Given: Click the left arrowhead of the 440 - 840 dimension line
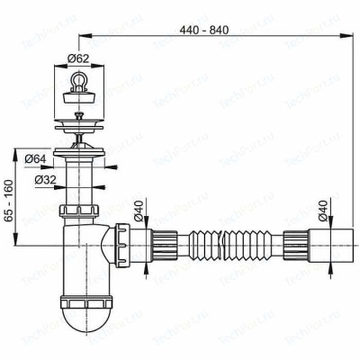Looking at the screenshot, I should [84, 35].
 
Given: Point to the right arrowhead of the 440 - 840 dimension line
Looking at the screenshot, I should [347, 35].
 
